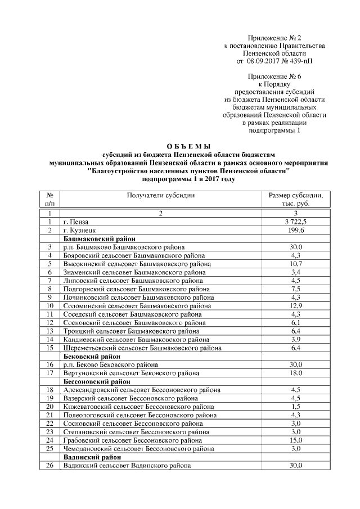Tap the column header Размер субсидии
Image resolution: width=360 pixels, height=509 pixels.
tap(296, 195)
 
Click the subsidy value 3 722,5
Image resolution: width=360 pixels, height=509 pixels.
tap(296, 222)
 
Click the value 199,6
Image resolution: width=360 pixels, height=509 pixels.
tap(296, 231)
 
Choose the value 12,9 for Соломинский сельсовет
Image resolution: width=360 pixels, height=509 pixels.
tap(296, 306)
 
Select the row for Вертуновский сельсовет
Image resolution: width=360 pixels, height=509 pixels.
tap(131, 373)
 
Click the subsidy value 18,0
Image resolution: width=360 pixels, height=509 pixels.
tap(296, 373)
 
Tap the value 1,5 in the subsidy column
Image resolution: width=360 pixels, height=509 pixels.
tap(296, 407)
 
